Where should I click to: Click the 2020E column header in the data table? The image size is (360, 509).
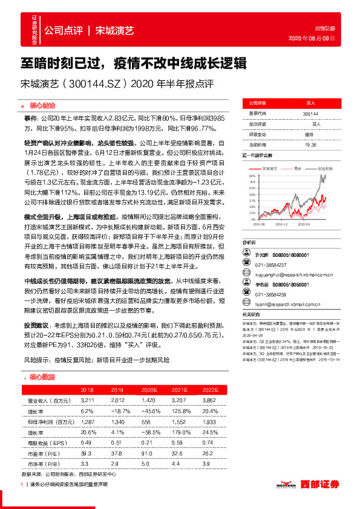148,390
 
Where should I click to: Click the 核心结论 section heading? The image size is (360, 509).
44,103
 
